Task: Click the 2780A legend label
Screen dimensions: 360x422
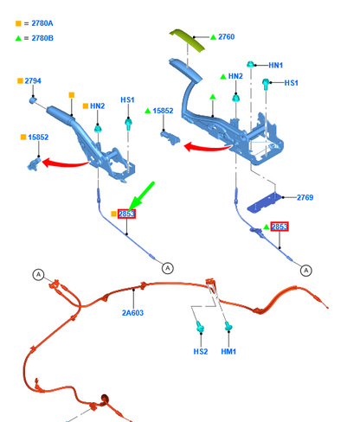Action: (42, 23)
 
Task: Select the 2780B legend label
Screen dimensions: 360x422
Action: (42, 38)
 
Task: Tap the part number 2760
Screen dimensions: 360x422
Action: (227, 37)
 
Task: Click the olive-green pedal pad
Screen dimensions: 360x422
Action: (187, 40)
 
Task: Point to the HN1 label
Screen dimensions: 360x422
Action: (276, 66)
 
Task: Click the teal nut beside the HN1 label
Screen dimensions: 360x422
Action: (250, 64)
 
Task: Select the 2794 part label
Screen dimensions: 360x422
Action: (33, 81)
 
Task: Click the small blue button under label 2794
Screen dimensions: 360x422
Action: (33, 100)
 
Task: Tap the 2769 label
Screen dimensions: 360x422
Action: (305, 197)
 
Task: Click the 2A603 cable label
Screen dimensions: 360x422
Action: (132, 313)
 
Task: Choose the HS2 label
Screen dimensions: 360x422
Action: (201, 351)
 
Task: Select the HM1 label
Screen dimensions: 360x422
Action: (228, 351)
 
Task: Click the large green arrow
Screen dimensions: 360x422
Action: (141, 196)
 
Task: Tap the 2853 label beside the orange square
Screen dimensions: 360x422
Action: (126, 214)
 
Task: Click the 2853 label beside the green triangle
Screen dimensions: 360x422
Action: (280, 227)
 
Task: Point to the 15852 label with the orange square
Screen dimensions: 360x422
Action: (38, 137)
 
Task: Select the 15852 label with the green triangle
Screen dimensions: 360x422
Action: (163, 111)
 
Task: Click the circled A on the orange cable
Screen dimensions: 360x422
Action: (38, 274)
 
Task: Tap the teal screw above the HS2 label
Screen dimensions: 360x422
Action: (200, 327)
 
